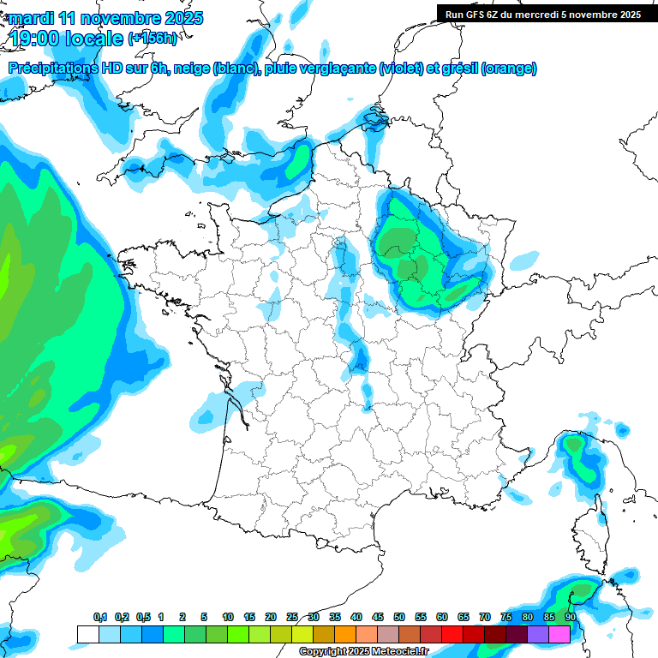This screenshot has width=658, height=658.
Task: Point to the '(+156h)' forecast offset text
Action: [x=153, y=38]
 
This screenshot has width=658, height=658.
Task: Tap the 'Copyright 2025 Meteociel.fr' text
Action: [x=363, y=652]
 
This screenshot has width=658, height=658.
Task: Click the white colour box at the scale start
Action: [x=87, y=634]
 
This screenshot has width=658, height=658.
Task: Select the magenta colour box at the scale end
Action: [x=559, y=634]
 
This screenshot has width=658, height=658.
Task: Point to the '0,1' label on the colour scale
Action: [x=100, y=617]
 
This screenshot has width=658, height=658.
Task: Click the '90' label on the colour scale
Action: [x=571, y=617]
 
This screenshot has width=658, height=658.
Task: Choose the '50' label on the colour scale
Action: [x=399, y=617]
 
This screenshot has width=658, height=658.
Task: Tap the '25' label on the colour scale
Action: [x=292, y=617]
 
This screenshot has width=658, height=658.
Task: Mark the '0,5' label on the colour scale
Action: [x=143, y=617]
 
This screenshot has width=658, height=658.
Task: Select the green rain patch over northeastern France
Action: [x=416, y=257]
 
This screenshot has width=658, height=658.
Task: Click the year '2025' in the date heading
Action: [x=182, y=17]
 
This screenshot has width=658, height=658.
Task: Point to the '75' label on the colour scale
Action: [x=506, y=617]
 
